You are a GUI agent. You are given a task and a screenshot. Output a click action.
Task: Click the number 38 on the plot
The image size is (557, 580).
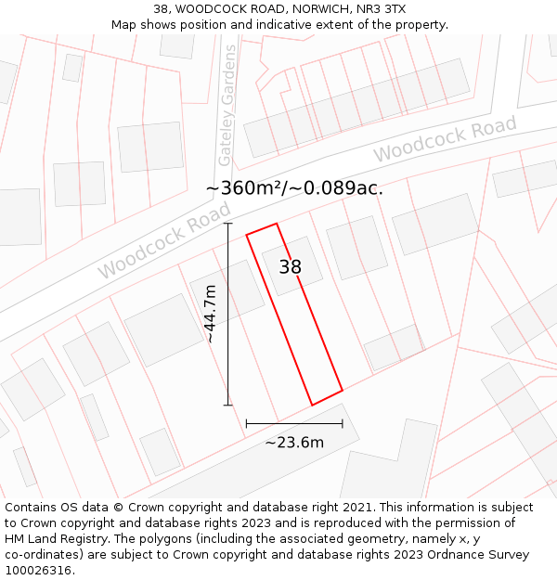291,267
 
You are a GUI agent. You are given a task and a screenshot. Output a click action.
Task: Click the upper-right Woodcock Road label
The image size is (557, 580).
445,138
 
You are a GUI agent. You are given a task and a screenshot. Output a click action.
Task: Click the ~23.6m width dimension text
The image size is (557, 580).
294,443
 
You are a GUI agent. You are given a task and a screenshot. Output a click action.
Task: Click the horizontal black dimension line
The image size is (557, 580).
294,423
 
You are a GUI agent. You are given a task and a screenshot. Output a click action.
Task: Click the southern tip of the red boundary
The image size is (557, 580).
312,405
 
